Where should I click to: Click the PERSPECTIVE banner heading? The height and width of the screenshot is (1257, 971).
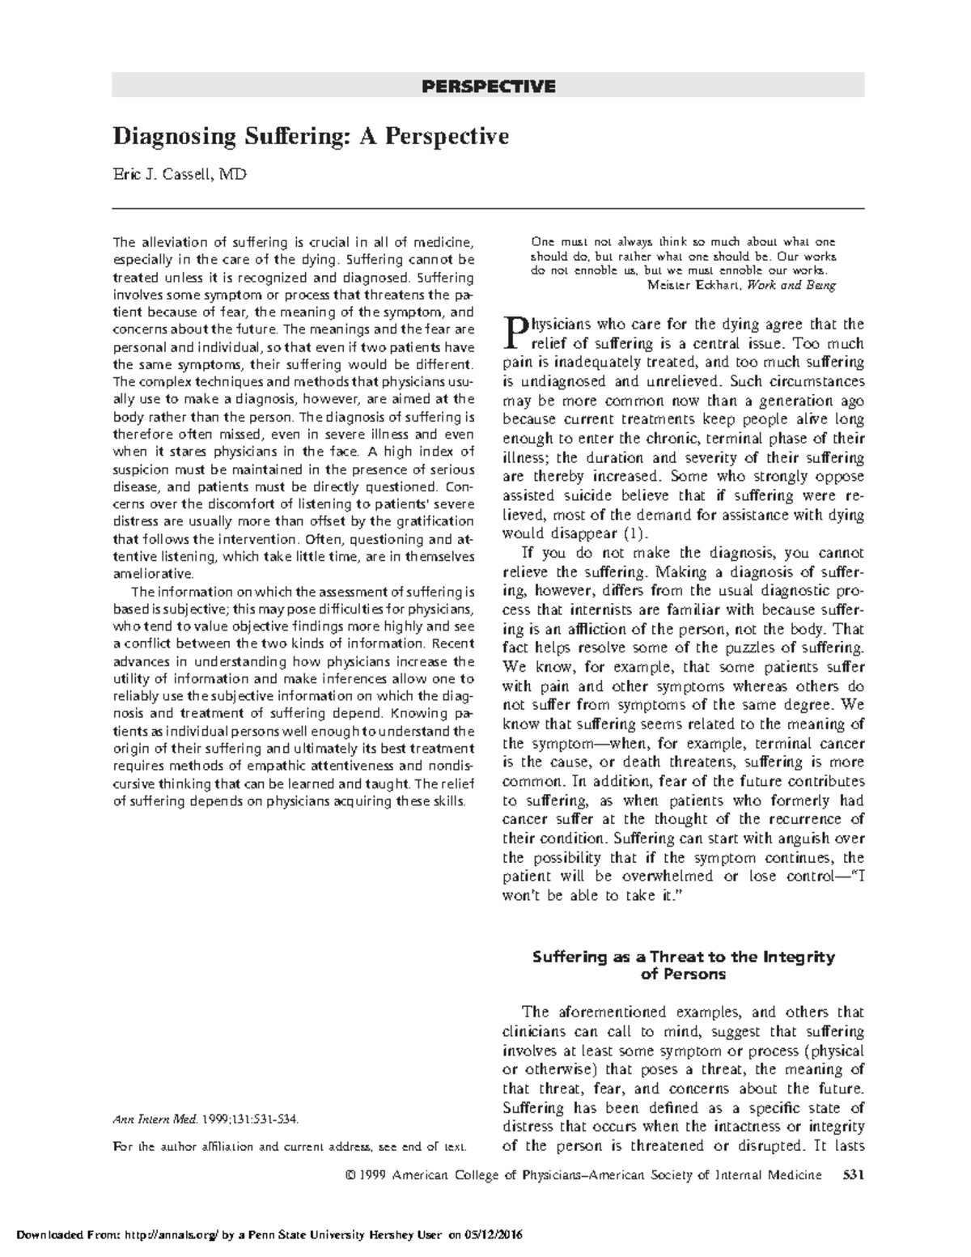click(488, 86)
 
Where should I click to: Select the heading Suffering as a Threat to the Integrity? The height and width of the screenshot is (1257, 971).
click(683, 957)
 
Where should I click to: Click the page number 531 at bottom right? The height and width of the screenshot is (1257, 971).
click(853, 1174)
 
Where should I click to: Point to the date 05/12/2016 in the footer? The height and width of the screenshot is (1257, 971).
click(494, 1235)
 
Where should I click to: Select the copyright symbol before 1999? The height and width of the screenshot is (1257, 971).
click(350, 1175)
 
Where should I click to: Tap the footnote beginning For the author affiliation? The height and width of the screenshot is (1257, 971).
click(289, 1147)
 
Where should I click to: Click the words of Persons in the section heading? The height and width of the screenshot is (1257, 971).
click(683, 975)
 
